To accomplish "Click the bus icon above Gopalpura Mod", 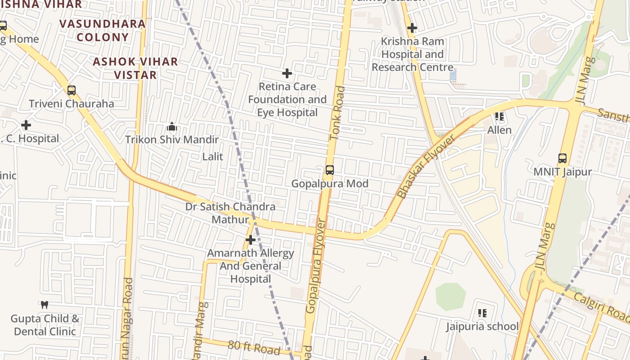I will click(x=330, y=170).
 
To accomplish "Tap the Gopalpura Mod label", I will click(x=330, y=184).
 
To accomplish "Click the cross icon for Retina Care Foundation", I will click(x=287, y=73).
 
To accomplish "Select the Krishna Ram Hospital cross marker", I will click(x=412, y=28).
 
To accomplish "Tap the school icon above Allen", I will click(x=499, y=117).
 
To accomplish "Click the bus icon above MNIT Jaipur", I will click(x=562, y=158).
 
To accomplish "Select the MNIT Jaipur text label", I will click(x=562, y=172).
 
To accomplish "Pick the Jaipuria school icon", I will click(x=482, y=313).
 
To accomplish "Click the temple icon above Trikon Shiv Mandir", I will click(x=171, y=126).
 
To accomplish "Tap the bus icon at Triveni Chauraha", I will click(x=71, y=90).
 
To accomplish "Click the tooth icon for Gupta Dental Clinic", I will click(x=44, y=305).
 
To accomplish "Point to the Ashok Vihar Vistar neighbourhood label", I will click(x=135, y=68).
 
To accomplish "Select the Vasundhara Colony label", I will click(x=103, y=30).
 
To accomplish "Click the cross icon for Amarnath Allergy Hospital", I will click(x=251, y=240).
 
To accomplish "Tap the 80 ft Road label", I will click(x=253, y=348).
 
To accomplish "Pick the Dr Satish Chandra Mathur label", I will click(x=230, y=213).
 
